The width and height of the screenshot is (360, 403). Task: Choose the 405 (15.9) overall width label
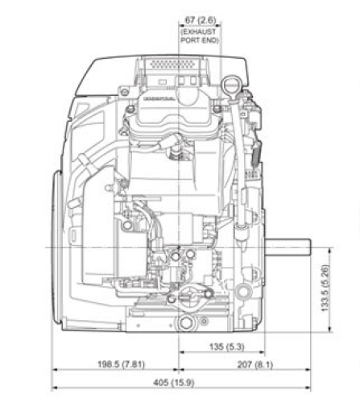[180, 382]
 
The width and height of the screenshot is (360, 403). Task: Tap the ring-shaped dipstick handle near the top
[231, 84]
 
